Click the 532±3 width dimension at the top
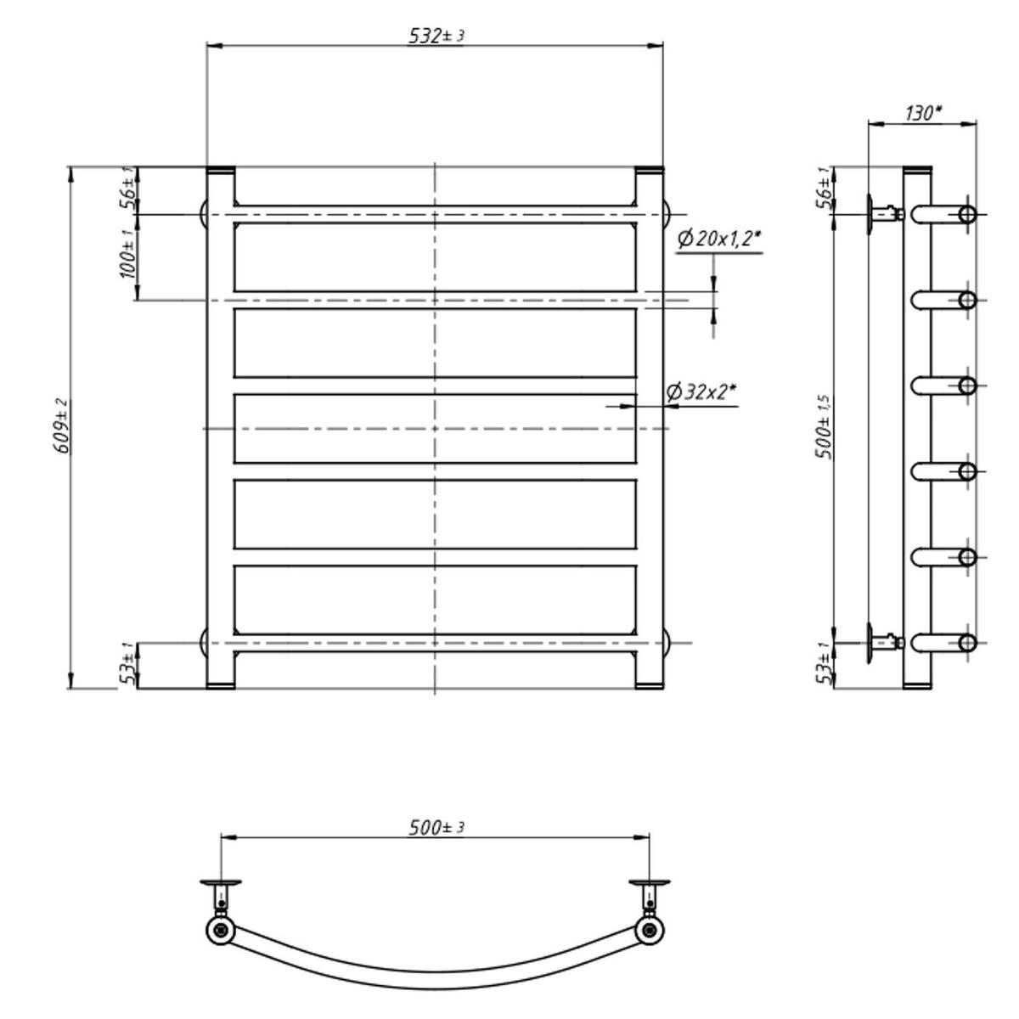[436, 36]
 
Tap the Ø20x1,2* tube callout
[719, 239]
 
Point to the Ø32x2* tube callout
[701, 391]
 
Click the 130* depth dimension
[924, 113]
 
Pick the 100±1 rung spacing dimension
[127, 255]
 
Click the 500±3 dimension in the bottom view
[436, 827]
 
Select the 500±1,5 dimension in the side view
[825, 427]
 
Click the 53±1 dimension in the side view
[825, 663]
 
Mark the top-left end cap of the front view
[221, 171]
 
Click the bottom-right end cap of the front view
[650, 685]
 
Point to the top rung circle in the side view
[968, 215]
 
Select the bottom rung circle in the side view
[968, 643]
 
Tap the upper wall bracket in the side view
[884, 214]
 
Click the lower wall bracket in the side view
[884, 643]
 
